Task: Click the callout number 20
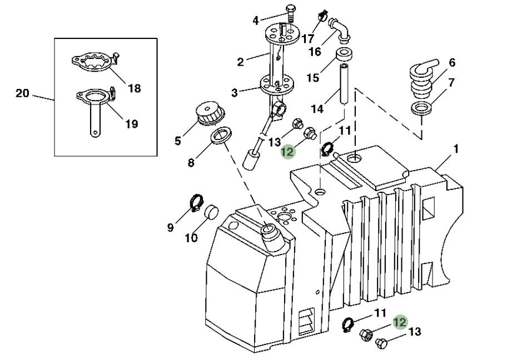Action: [x=22, y=93]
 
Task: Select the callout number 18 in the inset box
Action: [x=134, y=88]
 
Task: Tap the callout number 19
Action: [x=131, y=124]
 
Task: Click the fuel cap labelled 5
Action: [x=208, y=114]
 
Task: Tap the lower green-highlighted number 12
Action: [x=400, y=322]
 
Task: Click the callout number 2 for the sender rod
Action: [x=240, y=62]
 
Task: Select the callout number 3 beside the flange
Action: [x=235, y=92]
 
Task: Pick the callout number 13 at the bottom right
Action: [x=415, y=332]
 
